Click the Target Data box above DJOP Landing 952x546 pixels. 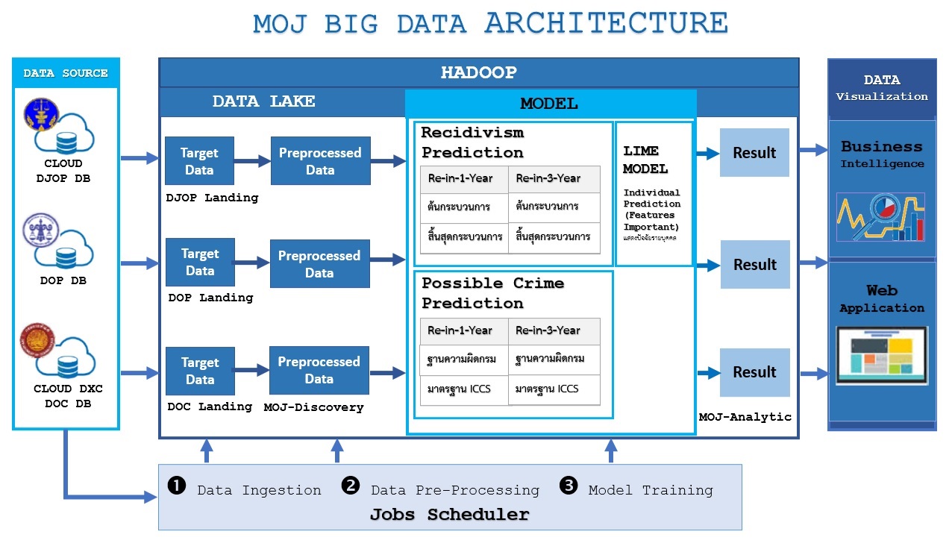tap(199, 161)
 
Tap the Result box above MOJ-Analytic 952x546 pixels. tap(754, 372)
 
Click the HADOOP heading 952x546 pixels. tap(478, 73)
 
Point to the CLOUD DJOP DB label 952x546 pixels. tap(63, 171)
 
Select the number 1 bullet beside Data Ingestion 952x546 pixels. tap(176, 486)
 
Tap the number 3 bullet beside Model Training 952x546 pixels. tap(569, 486)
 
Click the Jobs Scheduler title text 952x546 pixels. tap(449, 515)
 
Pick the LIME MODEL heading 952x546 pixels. tap(645, 160)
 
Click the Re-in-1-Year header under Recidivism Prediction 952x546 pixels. tap(460, 178)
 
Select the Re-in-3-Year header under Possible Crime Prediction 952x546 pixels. tap(548, 330)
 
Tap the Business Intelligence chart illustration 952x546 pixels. tap(881, 217)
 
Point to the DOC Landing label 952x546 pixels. tap(210, 407)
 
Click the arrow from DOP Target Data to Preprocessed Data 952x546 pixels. tap(252, 263)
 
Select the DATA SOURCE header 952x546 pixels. tap(66, 73)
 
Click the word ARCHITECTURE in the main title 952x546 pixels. tap(606, 23)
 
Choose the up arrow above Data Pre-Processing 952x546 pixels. tap(336, 451)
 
